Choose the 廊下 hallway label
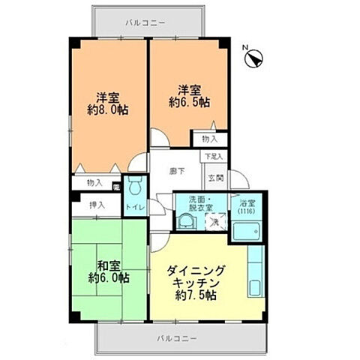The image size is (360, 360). [176, 171]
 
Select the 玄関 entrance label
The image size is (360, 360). [215, 177]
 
